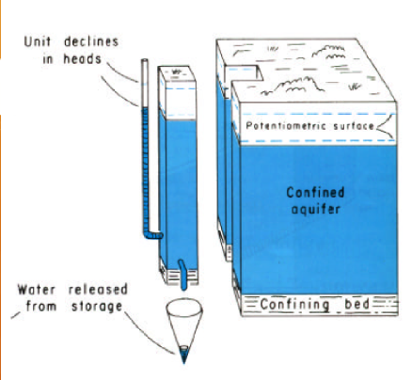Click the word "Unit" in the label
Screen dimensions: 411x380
38,41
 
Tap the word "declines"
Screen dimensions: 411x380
91,41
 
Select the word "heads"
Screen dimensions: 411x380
83,58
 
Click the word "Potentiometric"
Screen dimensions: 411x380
286,126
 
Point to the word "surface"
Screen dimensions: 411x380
354,126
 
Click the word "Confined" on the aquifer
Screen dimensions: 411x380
315,192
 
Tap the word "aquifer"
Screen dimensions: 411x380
316,209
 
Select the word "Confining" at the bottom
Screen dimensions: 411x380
294,305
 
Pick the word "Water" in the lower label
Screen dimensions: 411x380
37,290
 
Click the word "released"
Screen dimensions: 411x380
98,290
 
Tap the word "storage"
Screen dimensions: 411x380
97,307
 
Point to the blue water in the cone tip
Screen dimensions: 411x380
183,355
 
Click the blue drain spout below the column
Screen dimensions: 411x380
182,275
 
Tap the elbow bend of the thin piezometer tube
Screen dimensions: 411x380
149,234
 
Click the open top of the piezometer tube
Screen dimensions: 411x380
145,60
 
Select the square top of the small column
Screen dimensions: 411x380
177,73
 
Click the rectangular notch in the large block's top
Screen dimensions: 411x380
244,72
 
